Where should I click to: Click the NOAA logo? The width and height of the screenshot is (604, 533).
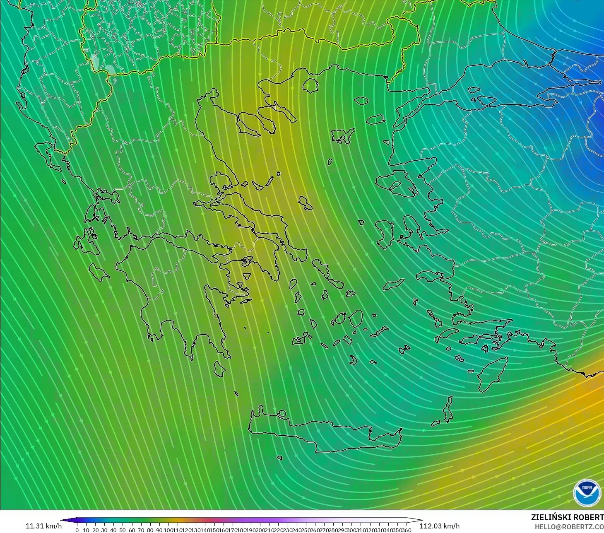point(587,493)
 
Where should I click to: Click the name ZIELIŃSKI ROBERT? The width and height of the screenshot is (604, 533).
point(567,517)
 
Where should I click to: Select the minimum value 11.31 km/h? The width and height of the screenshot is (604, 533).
point(43,526)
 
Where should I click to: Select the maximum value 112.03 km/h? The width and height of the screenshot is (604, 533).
point(439,526)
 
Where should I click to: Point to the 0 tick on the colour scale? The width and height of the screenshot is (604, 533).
point(77,530)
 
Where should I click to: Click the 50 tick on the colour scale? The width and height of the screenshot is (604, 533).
point(123,530)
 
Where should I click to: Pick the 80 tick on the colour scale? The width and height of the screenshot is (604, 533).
point(150,530)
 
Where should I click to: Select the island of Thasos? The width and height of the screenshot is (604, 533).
point(310,85)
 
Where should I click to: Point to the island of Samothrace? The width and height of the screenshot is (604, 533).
point(361,100)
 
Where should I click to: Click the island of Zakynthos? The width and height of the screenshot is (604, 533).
point(99,272)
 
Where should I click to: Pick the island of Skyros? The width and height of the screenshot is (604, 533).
point(306,203)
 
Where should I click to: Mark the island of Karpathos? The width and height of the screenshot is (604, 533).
point(448,409)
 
